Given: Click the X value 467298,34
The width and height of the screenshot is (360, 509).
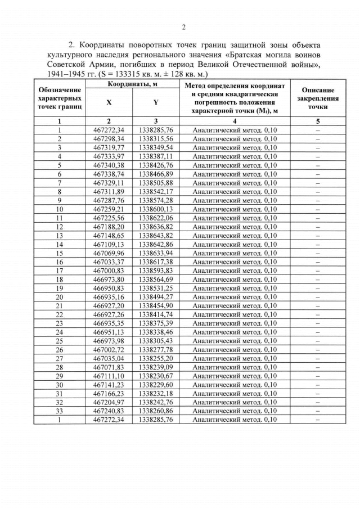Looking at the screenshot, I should [109, 139].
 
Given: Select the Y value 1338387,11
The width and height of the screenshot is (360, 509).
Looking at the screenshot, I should [155, 156].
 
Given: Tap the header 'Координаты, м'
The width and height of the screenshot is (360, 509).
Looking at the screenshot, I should [132, 84].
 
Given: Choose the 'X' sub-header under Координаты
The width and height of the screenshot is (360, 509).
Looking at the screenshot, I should [109, 103].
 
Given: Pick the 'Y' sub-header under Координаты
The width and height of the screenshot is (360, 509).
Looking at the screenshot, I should [155, 103].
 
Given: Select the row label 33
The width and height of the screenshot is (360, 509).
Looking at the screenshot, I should [59, 411].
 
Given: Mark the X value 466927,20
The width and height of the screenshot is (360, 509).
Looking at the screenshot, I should [109, 305].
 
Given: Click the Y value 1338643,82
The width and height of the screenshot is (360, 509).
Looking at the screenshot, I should [155, 235].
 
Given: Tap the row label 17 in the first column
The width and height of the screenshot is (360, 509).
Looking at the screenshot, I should [59, 270].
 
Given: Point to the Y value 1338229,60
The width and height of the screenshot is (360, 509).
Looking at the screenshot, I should [155, 384].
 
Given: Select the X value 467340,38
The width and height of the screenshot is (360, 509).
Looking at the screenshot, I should [109, 165].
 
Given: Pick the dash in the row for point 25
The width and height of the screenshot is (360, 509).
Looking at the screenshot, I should [318, 340].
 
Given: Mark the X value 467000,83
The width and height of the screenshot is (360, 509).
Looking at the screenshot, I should [109, 270].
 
